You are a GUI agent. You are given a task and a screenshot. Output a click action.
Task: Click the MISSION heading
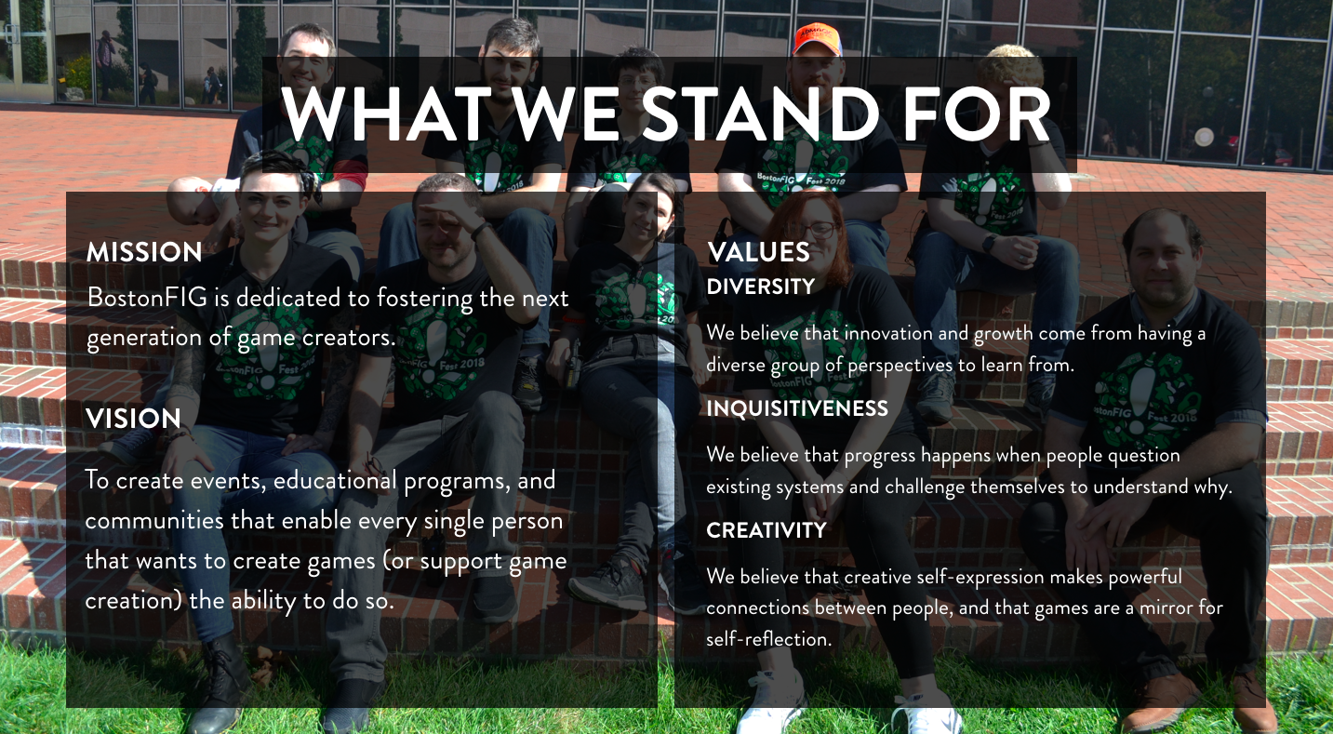pyautogui.click(x=144, y=252)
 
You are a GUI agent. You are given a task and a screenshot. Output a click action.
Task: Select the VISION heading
pyautogui.click(x=133, y=419)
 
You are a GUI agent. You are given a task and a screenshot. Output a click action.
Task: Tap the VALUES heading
pyautogui.click(x=758, y=252)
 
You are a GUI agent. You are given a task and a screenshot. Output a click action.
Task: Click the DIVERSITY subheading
pyautogui.click(x=761, y=287)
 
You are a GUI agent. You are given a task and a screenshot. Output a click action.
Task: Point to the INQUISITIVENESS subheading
pyautogui.click(x=797, y=408)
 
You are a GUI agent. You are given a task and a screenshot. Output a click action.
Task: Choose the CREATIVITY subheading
pyautogui.click(x=766, y=530)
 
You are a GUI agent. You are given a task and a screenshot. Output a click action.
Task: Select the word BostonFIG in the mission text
pyautogui.click(x=147, y=298)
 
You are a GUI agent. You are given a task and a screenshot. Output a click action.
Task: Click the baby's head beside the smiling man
pyautogui.click(x=189, y=200)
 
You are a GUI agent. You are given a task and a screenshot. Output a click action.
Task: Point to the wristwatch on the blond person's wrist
pyautogui.click(x=990, y=244)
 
